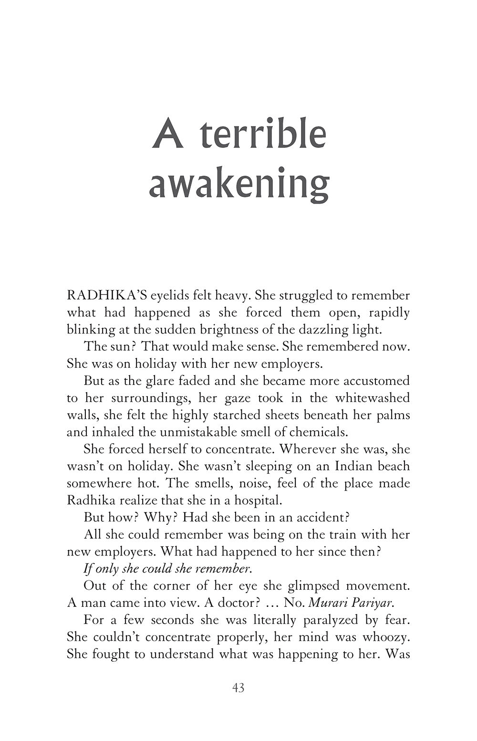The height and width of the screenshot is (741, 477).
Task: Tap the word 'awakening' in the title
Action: coord(239,184)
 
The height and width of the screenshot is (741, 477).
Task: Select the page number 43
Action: coord(238,688)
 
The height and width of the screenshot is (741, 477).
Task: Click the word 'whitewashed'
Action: coord(372,397)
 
